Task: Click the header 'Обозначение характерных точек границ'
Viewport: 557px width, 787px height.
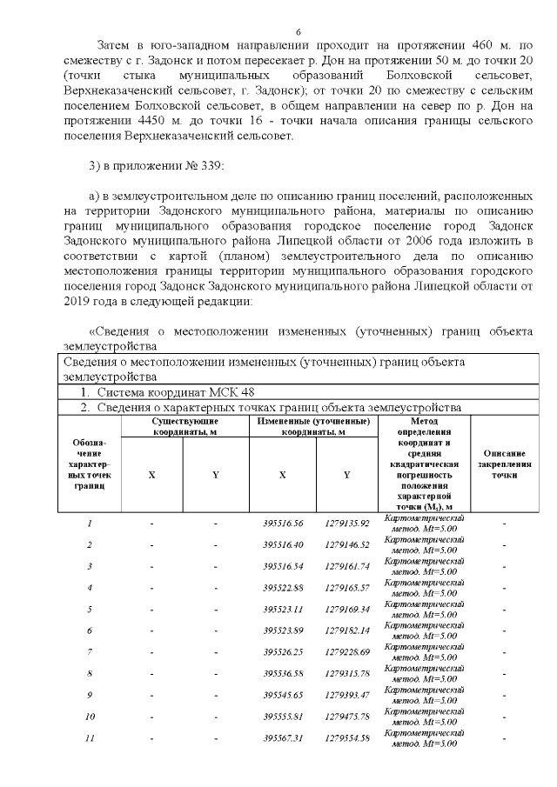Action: coord(89,464)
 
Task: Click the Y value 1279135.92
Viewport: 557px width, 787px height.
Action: coord(348,524)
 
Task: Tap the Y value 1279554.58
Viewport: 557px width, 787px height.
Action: coord(348,738)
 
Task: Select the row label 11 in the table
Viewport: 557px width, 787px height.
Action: coord(89,738)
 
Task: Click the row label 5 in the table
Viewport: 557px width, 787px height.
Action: coord(89,609)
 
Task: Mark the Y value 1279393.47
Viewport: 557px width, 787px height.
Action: coord(348,695)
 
